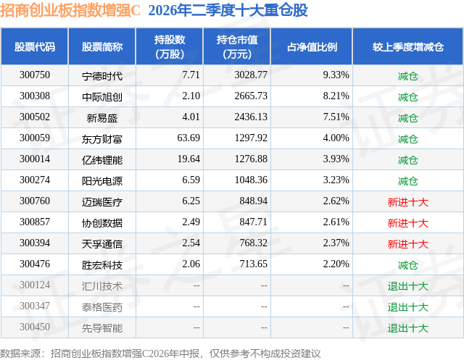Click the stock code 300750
(35, 75)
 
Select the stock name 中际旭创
(102, 97)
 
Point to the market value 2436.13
(251, 117)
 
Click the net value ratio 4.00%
(336, 138)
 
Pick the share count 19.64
(188, 159)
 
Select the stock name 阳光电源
(102, 181)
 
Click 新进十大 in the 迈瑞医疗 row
(408, 202)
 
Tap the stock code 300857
(35, 222)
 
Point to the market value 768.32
(254, 243)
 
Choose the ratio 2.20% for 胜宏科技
(336, 264)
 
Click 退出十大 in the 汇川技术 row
(408, 286)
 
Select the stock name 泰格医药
(102, 307)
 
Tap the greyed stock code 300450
(35, 327)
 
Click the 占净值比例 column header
(312, 46)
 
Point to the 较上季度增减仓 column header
(408, 46)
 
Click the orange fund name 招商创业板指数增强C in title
(70, 10)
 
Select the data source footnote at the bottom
(160, 353)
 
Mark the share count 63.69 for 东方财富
(188, 138)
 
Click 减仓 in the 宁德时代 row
(408, 76)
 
